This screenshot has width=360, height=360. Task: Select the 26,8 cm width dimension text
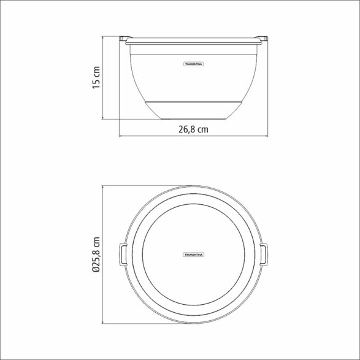[x=193, y=129]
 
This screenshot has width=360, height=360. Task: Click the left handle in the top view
[x=122, y=253]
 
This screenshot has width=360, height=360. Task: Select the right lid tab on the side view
[x=264, y=39]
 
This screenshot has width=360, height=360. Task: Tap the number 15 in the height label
[x=96, y=84]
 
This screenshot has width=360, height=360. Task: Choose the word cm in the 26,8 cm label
[x=202, y=129]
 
